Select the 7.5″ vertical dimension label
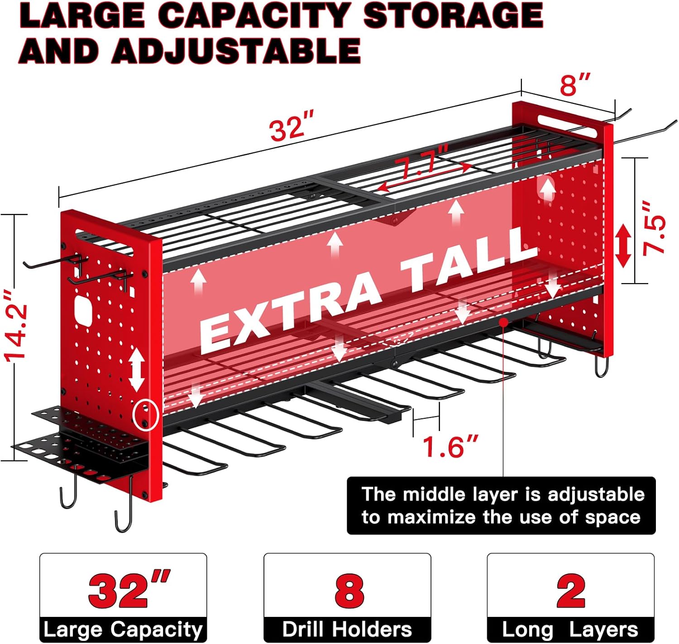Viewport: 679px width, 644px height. (x=654, y=229)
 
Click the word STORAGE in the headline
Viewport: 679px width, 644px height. (x=453, y=16)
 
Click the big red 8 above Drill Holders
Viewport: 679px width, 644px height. (x=349, y=592)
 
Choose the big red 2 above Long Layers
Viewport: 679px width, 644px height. (x=571, y=592)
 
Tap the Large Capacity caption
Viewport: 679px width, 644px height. (x=123, y=630)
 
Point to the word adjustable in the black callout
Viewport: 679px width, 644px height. (x=596, y=495)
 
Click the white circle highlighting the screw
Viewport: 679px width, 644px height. (x=145, y=415)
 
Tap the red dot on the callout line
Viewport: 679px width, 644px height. (x=503, y=322)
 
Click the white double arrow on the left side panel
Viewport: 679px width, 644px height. (x=137, y=369)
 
